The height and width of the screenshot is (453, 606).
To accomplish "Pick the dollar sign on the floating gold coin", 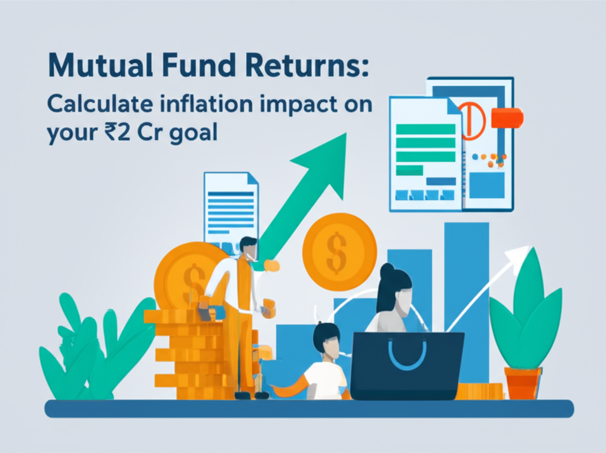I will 339,244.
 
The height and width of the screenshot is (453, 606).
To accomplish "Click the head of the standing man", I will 249,248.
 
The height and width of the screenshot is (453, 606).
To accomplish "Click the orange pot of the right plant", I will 523,382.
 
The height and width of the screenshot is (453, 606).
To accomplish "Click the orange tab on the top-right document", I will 507,118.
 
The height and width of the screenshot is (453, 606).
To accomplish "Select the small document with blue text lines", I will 230,207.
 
